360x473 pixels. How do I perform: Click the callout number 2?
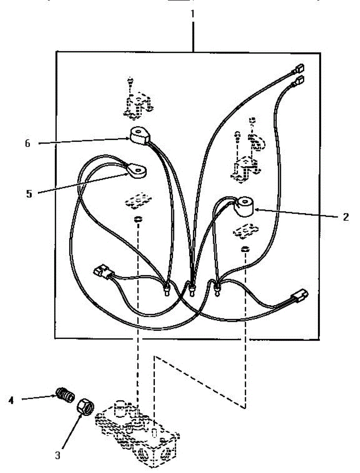[x=345, y=217]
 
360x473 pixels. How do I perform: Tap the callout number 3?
[x=58, y=456]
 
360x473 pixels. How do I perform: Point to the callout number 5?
[x=29, y=194]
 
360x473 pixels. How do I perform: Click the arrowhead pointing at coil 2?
[x=254, y=210]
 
